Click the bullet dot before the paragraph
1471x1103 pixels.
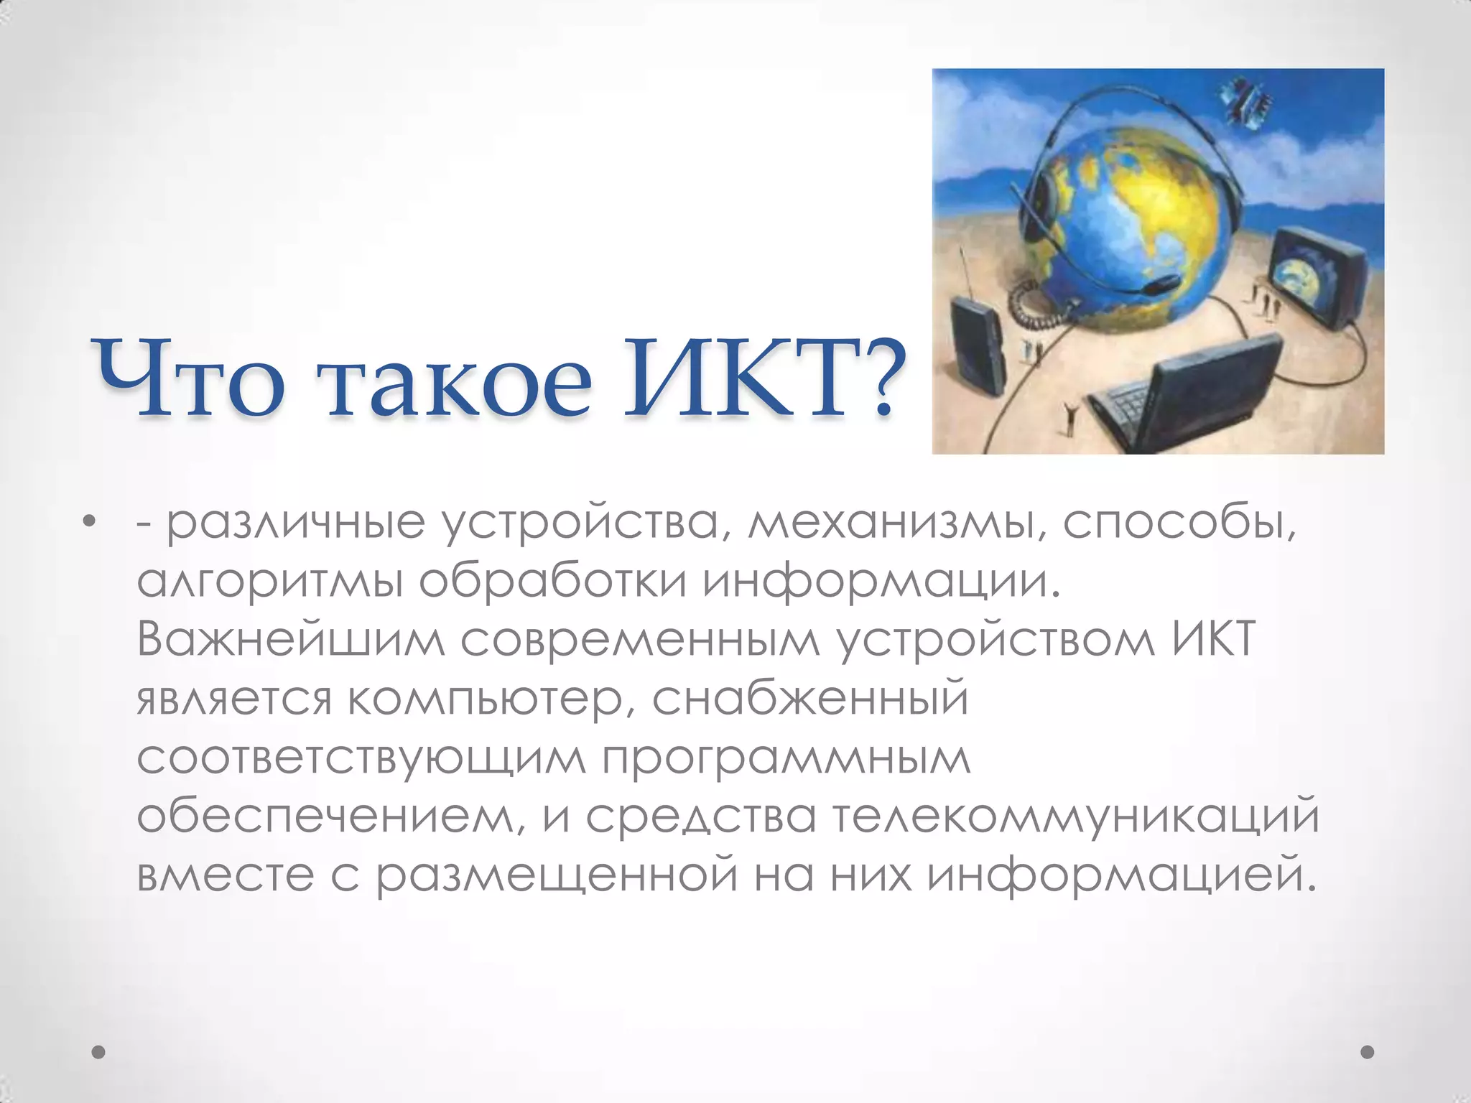89,521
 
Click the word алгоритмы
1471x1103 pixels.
269,582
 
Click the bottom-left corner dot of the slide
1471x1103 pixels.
99,1052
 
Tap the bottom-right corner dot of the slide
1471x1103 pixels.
1368,1052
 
